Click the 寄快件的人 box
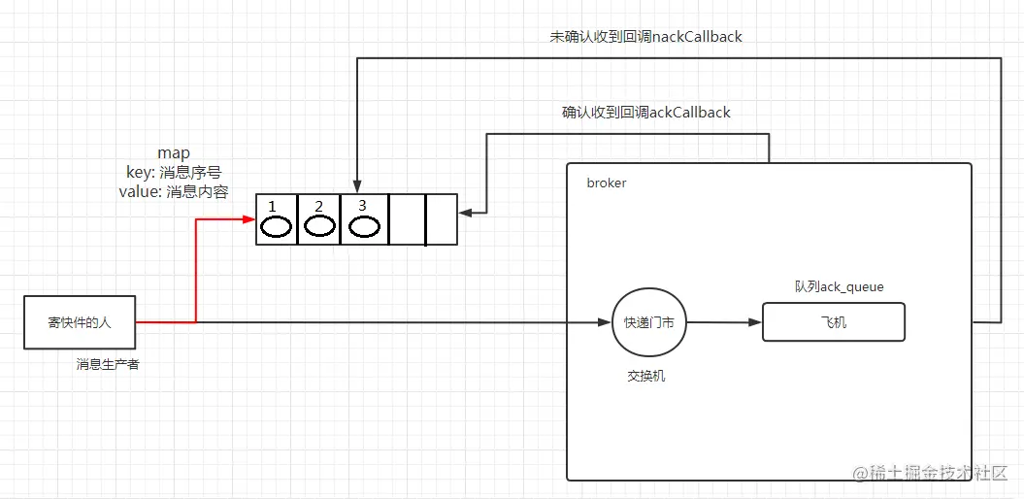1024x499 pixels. click(x=80, y=322)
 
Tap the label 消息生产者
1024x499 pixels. click(x=108, y=364)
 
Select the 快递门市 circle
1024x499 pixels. click(x=648, y=322)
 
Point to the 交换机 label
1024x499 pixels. click(x=646, y=377)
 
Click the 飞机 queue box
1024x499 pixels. click(x=833, y=322)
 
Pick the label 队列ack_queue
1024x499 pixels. click(x=839, y=286)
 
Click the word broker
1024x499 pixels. click(x=607, y=183)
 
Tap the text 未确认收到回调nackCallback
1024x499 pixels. click(x=645, y=37)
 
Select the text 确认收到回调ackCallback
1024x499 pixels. click(x=645, y=113)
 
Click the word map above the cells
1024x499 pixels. click(x=174, y=153)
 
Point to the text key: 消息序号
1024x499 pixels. click(x=174, y=172)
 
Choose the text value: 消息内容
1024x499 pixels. click(x=174, y=191)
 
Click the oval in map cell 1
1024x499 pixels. click(x=276, y=227)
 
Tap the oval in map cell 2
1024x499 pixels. click(x=319, y=226)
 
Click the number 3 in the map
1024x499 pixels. click(x=362, y=206)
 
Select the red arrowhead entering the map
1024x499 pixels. click(x=248, y=219)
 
